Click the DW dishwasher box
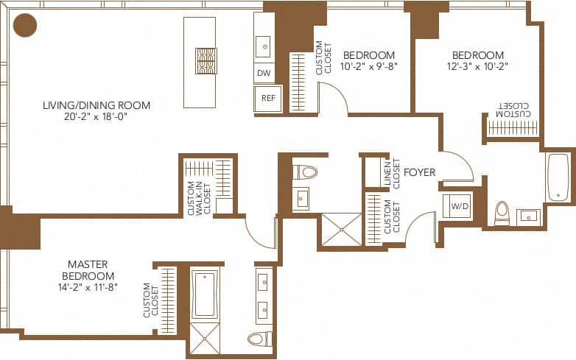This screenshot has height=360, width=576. pyautogui.click(x=264, y=73)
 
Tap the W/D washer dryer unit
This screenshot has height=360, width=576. pyautogui.click(x=456, y=207)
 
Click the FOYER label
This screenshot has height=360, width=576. pyautogui.click(x=419, y=172)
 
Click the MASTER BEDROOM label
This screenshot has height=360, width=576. pyautogui.click(x=88, y=270)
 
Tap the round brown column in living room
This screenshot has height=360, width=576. pyautogui.click(x=27, y=26)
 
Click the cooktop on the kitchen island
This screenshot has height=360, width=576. pyautogui.click(x=206, y=60)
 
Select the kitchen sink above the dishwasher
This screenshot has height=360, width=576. pyautogui.click(x=263, y=46)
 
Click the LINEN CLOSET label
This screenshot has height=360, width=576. pyautogui.click(x=392, y=172)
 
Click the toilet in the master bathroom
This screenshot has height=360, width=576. pyautogui.click(x=258, y=339)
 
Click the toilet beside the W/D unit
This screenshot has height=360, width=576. pyautogui.click(x=502, y=212)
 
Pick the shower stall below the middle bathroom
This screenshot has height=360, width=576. pyautogui.click(x=341, y=228)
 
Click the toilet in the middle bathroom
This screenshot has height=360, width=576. pyautogui.click(x=304, y=172)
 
